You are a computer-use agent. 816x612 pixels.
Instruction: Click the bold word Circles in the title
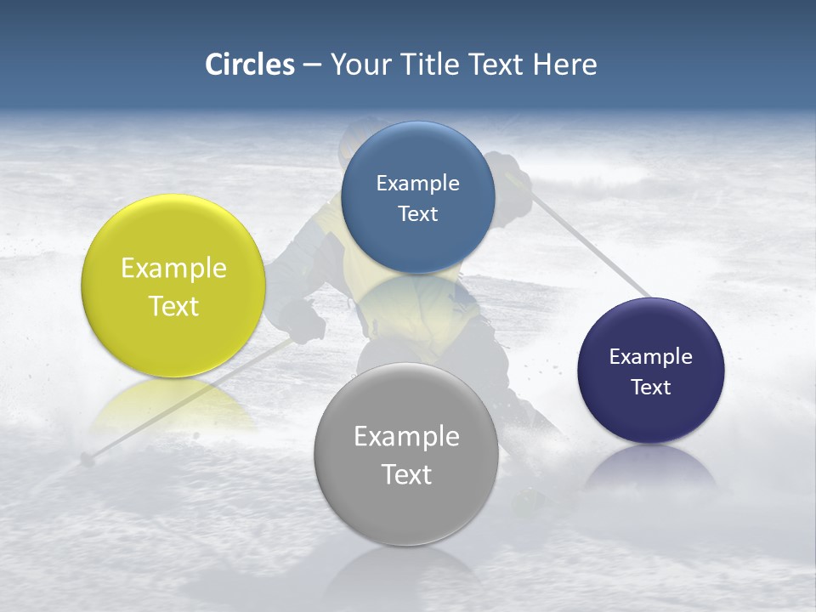[249, 65]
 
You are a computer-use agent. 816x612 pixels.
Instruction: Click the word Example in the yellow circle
[173, 269]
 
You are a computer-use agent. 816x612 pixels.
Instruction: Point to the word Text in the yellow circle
[173, 306]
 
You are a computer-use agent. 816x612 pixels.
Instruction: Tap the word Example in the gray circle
[406, 437]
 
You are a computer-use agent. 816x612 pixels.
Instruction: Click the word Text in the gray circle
[406, 474]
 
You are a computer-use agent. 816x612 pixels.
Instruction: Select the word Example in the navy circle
[650, 357]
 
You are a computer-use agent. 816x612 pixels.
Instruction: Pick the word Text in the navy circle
[650, 388]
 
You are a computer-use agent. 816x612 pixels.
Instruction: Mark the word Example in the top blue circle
[417, 183]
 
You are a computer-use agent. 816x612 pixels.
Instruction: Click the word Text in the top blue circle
[417, 213]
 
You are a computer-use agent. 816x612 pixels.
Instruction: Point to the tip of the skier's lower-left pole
[86, 460]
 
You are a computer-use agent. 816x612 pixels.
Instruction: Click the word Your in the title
[358, 65]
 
